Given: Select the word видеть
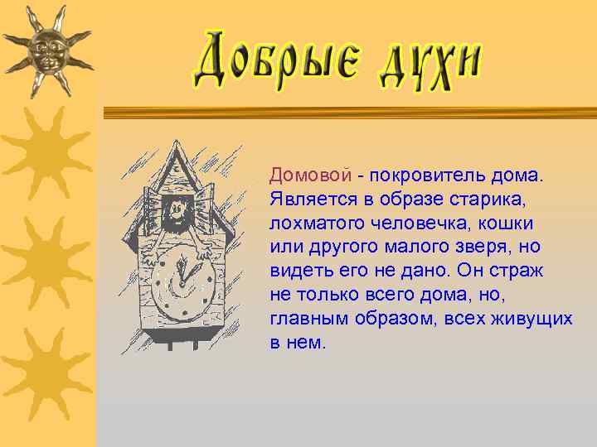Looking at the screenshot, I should (296, 271).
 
